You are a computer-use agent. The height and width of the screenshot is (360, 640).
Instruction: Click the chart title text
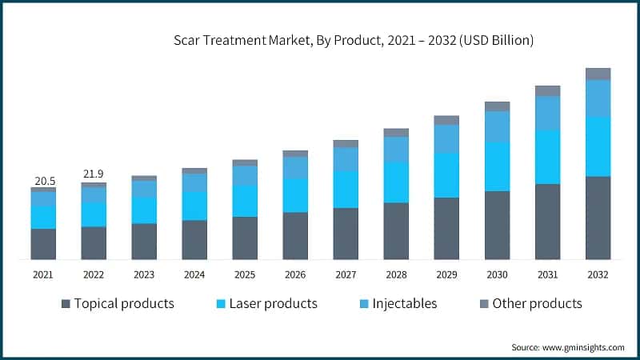point(353,39)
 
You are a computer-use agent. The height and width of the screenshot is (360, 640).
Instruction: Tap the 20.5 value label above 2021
point(43,181)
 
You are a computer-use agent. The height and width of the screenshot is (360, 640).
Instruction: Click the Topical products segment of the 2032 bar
point(598,218)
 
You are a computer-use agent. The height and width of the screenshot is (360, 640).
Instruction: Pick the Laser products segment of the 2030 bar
point(497,166)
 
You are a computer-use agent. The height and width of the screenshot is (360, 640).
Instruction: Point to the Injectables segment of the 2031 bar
point(547,113)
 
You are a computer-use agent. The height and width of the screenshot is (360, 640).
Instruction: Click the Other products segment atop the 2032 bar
point(598,74)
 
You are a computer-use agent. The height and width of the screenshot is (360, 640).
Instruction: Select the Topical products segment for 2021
point(43,244)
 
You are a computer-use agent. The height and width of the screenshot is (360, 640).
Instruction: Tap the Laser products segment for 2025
point(245,201)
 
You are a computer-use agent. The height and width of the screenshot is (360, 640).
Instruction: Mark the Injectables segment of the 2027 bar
point(346,159)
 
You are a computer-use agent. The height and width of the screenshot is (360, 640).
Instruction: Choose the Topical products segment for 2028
point(396,231)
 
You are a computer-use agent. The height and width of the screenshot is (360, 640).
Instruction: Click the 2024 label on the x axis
point(194,275)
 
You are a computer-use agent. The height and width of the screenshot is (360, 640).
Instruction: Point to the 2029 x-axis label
point(446,275)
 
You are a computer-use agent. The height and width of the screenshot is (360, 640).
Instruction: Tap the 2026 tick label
point(295,275)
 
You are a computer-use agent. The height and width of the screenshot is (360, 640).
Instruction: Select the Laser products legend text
point(273,304)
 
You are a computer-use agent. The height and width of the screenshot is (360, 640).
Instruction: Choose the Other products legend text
point(537,304)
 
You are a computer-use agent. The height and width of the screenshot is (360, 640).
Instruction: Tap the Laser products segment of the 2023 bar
point(144,210)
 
